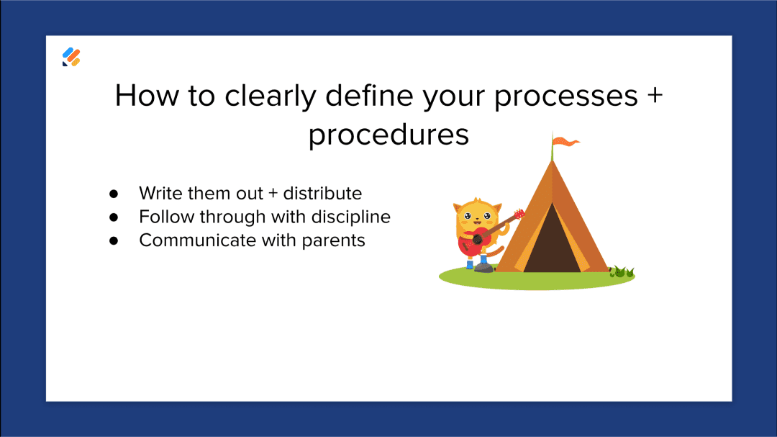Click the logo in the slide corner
point(71,57)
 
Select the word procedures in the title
point(388,135)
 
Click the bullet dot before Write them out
point(113,194)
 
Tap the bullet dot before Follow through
point(113,217)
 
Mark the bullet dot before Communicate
point(113,240)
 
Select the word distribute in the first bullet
point(322,193)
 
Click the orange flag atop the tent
point(568,143)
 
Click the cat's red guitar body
point(472,243)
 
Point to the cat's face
point(476,216)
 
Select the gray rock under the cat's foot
point(484,269)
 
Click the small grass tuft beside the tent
point(622,272)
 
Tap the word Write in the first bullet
point(160,193)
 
